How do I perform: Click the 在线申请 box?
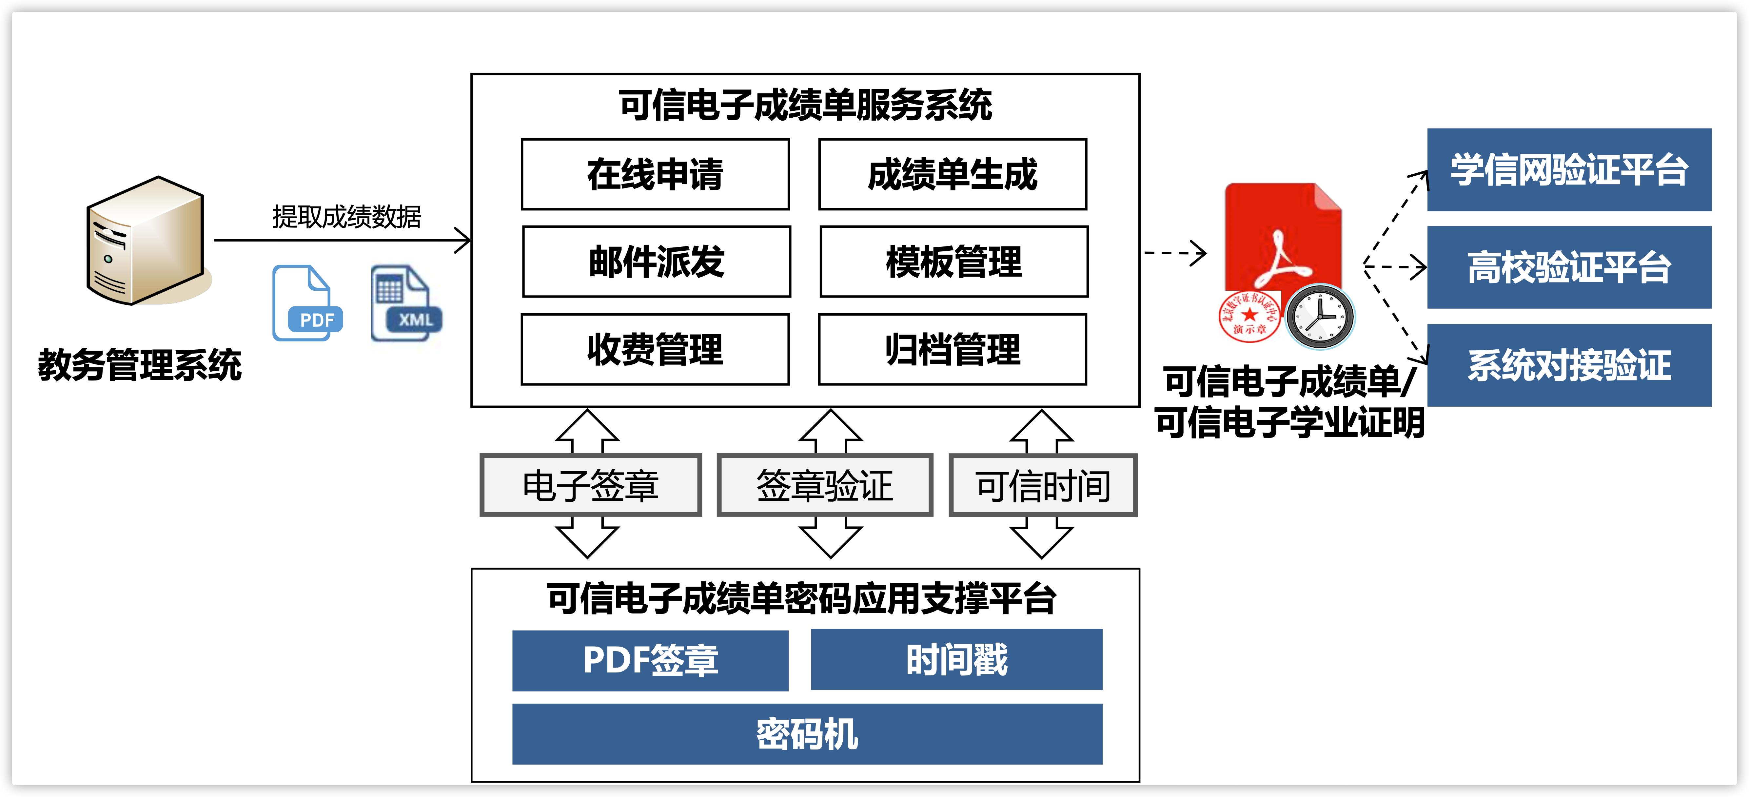[x=655, y=174]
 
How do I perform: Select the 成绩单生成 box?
[x=953, y=174]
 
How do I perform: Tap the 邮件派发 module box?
[x=657, y=262]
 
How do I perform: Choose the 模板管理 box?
[x=954, y=262]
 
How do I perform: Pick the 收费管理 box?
[x=655, y=349]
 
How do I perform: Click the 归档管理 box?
[x=953, y=349]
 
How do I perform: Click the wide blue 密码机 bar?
[x=807, y=734]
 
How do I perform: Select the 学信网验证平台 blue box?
[x=1569, y=170]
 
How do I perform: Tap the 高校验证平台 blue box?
[x=1569, y=267]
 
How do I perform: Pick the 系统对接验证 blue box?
[x=1569, y=365]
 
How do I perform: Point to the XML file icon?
[x=405, y=303]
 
